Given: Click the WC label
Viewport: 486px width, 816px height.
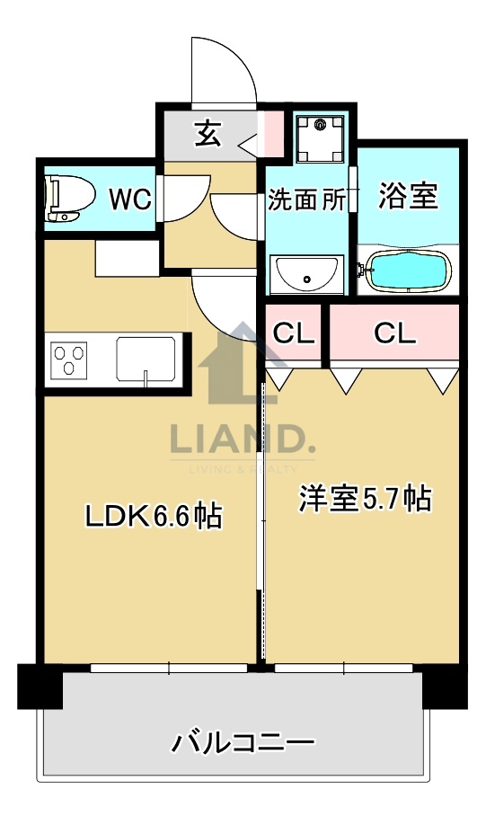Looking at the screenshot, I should (x=130, y=198).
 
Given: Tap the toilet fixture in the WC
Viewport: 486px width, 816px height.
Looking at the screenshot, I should (x=68, y=198).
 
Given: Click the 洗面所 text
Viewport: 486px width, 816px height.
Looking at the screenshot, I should (x=307, y=200).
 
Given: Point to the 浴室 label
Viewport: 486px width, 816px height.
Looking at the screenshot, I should (x=408, y=196).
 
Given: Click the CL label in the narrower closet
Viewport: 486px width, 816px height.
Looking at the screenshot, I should (x=294, y=333).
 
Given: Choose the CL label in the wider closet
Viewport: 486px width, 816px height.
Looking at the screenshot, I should (x=395, y=333).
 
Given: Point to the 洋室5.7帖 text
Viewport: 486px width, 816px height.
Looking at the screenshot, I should (x=365, y=498).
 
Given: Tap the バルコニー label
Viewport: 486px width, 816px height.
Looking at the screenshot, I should (x=243, y=742).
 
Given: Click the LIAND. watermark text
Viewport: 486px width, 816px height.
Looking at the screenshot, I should (x=243, y=441).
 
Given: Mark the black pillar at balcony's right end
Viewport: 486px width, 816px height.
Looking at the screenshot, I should (x=445, y=687).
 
